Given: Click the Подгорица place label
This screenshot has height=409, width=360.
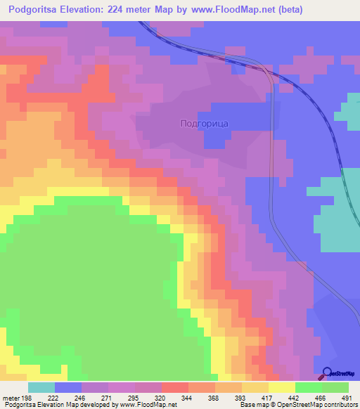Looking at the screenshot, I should click(x=205, y=123).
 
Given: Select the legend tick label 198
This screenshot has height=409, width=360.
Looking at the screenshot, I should click(x=27, y=398).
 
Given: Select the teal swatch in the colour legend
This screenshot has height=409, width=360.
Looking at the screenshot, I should click(x=41, y=387).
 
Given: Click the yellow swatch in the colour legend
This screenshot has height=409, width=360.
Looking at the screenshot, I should click(x=281, y=387).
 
